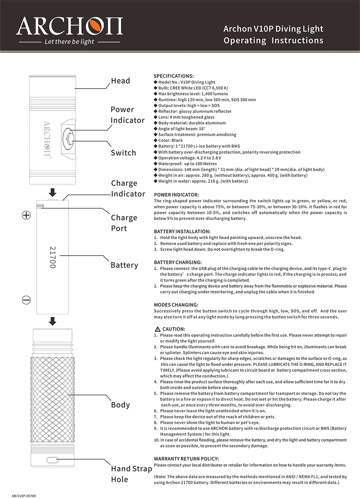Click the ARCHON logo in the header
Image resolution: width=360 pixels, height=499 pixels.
coord(69,26)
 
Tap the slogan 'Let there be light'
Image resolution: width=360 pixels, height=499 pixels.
coord(69,42)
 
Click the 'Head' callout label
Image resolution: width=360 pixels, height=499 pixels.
coord(120,81)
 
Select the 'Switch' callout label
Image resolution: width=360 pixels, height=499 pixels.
coord(123,153)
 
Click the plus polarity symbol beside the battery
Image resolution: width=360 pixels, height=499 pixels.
coord(26,215)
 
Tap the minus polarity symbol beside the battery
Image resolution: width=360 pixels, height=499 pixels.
coord(26,300)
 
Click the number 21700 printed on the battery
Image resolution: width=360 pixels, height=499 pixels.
coord(53,257)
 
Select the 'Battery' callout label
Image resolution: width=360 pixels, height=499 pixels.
coord(124,265)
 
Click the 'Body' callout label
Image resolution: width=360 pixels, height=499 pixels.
coord(120,405)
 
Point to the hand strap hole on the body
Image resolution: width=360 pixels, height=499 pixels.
coord(53,460)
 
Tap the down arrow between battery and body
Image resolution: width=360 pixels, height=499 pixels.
coord(53,321)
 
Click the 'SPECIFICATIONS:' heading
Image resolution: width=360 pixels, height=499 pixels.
coord(174,76)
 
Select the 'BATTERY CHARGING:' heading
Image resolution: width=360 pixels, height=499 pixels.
coord(178,262)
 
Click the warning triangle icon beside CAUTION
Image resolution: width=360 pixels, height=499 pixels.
coord(157,329)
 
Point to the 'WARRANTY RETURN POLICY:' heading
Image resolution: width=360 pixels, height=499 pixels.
coord(186,459)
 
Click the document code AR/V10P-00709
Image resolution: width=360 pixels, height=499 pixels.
coord(24,496)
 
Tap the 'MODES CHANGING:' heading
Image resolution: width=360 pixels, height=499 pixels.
coord(176,305)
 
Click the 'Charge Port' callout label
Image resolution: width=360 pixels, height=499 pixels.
coord(124,223)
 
